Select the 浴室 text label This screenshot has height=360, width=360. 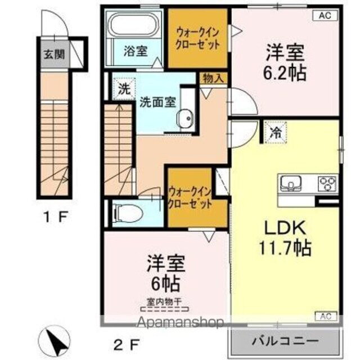tap(136, 51)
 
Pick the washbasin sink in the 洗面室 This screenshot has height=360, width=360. tap(186, 118)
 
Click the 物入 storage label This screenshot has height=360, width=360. tap(212, 78)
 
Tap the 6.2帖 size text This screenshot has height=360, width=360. tap(286, 74)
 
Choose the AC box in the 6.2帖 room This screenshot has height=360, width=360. tap(325, 15)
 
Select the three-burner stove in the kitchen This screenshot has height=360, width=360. tap(327, 183)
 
